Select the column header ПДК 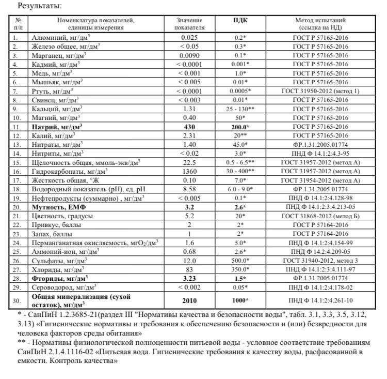[240, 20]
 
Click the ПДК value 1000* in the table [240, 300]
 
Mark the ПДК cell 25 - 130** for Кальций [240, 109]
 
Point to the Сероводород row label [62, 287]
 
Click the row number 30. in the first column [19, 300]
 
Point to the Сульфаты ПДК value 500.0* [240, 260]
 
